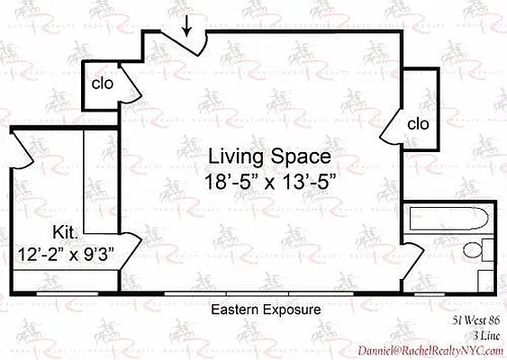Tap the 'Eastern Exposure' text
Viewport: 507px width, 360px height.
(x=266, y=310)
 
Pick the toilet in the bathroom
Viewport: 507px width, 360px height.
(x=484, y=250)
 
